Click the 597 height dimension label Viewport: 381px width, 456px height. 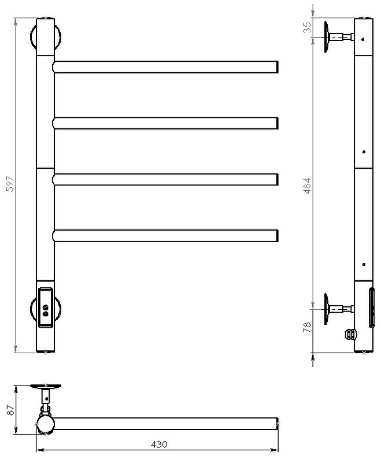click(x=10, y=184)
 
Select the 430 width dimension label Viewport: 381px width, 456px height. click(x=159, y=444)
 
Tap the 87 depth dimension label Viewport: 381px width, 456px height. click(x=10, y=410)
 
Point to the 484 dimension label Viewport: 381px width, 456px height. click(x=307, y=186)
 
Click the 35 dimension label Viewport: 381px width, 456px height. click(x=307, y=28)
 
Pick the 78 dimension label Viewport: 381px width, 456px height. click(x=307, y=327)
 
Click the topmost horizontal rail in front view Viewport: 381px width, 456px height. click(x=165, y=67)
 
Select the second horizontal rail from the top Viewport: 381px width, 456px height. click(x=165, y=123)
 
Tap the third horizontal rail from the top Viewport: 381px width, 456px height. click(x=165, y=179)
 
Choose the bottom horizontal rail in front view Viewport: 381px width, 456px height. click(x=165, y=236)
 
